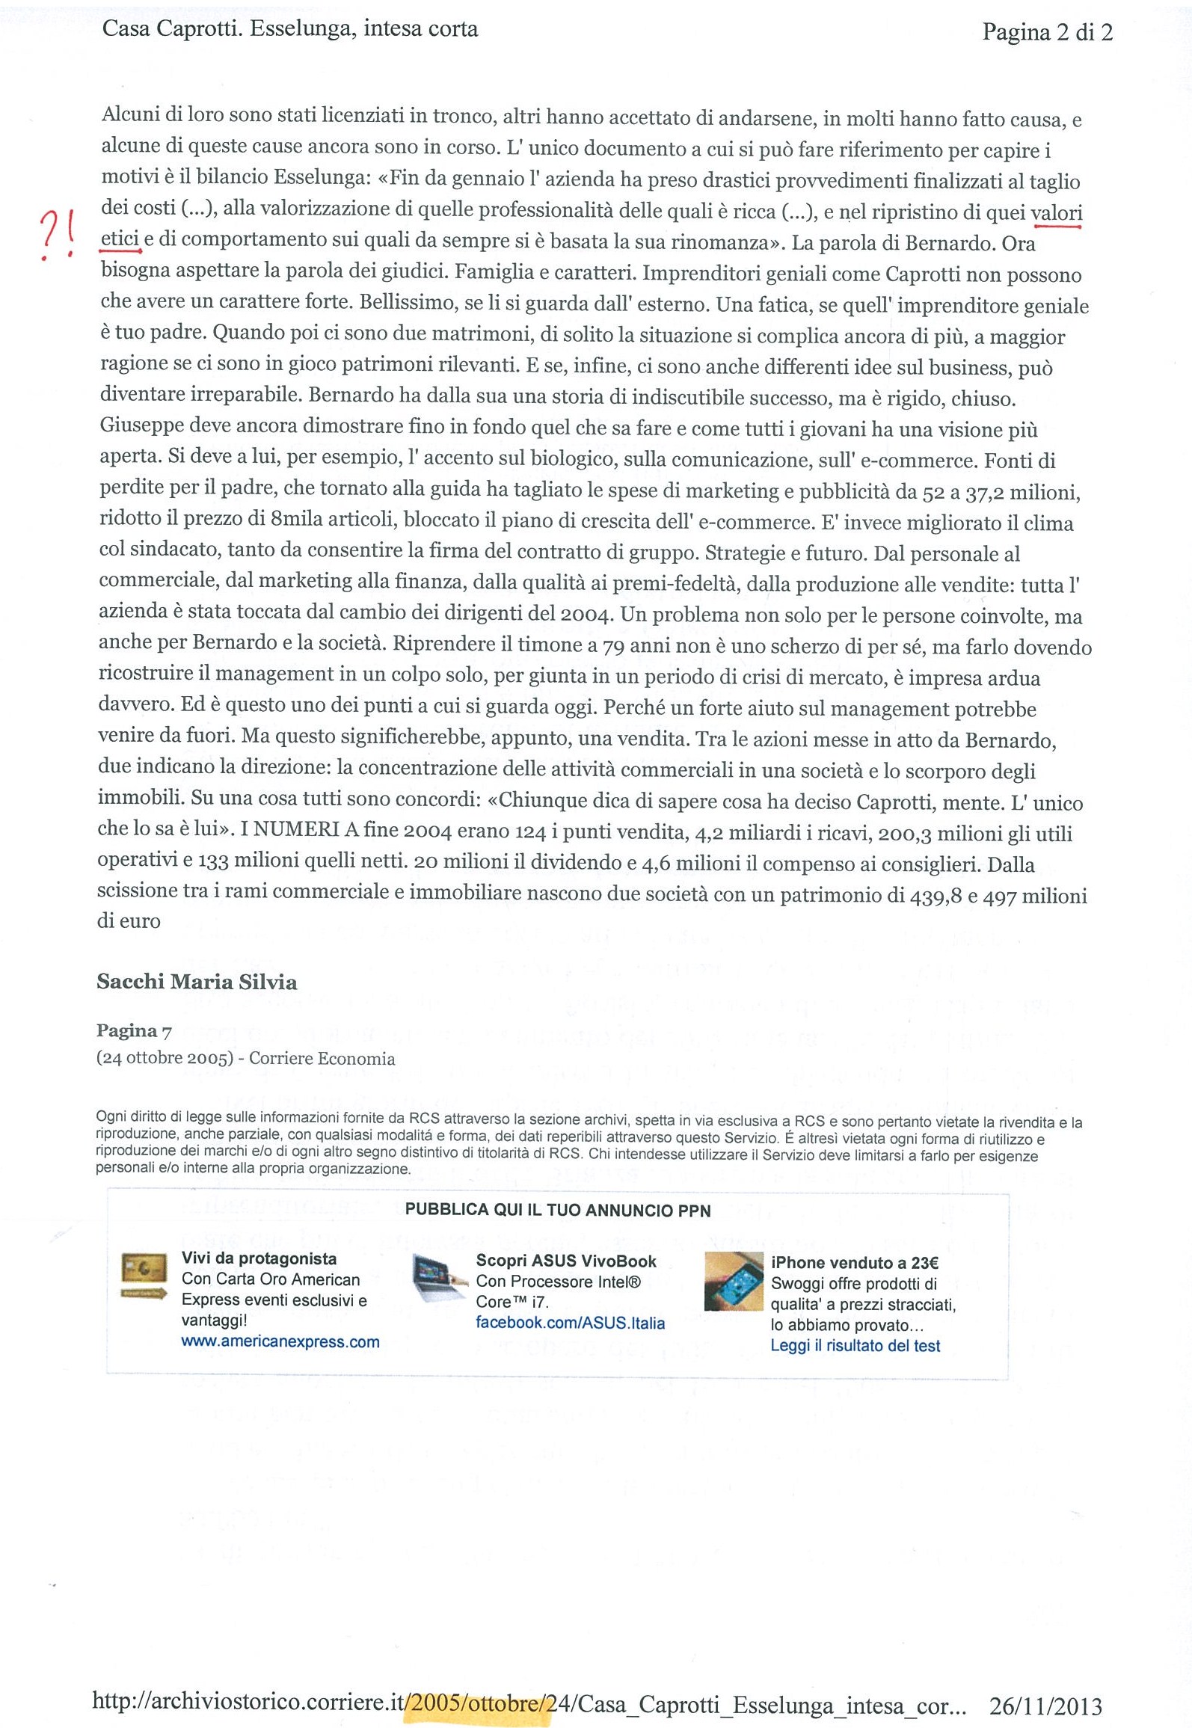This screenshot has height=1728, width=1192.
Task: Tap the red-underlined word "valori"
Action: click(1056, 213)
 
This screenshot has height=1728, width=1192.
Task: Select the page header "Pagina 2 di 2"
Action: click(1047, 32)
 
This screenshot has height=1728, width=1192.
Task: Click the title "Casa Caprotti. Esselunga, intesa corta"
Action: click(290, 29)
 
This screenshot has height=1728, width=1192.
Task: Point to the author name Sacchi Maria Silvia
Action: click(197, 982)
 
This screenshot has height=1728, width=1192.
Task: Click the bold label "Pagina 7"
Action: click(134, 1030)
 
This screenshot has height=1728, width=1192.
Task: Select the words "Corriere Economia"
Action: click(322, 1058)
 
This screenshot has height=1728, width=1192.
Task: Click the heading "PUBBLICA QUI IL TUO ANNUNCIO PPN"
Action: click(557, 1210)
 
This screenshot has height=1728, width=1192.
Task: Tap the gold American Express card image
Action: click(144, 1278)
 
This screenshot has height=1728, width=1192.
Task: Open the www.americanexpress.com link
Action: click(280, 1341)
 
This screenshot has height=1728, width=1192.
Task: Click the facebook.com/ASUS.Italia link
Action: click(570, 1323)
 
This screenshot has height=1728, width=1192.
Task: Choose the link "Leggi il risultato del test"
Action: click(855, 1345)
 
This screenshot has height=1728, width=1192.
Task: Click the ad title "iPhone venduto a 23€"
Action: click(854, 1263)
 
